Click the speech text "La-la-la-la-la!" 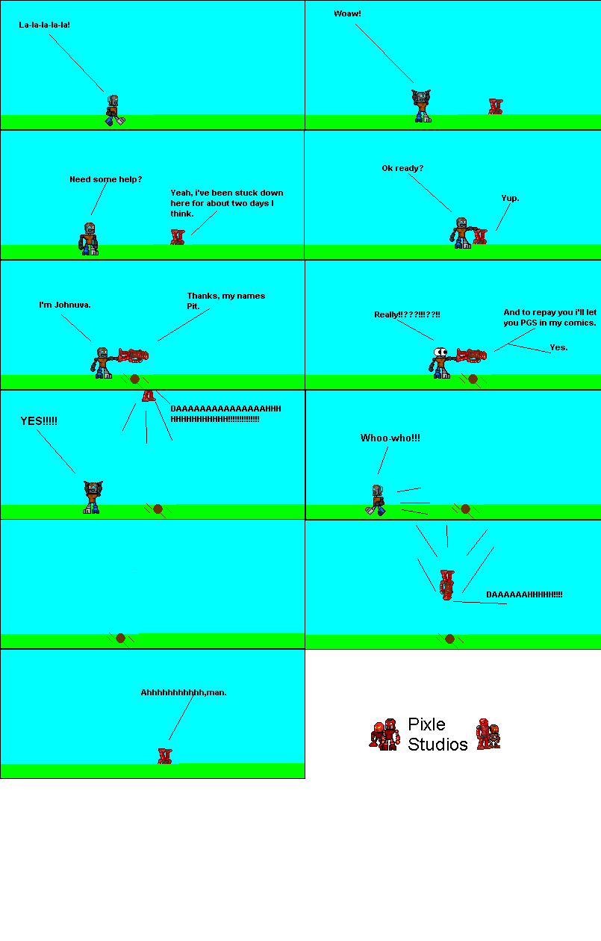[44, 25]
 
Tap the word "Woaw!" [347, 13]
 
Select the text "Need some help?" [105, 179]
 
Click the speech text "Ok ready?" [402, 168]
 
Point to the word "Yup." [510, 198]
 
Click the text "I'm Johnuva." [65, 305]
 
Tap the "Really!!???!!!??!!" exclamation [407, 314]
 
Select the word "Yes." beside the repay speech [558, 347]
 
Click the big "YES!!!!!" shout [39, 421]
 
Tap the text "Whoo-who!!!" [390, 438]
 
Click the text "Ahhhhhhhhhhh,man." [184, 692]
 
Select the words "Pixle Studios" [437, 734]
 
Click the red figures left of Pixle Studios [385, 734]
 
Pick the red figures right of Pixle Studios [488, 734]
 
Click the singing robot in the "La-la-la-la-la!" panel [113, 110]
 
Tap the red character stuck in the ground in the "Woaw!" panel [495, 106]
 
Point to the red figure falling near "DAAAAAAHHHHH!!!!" [446, 585]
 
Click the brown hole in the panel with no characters [120, 638]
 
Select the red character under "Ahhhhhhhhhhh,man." [164, 755]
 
